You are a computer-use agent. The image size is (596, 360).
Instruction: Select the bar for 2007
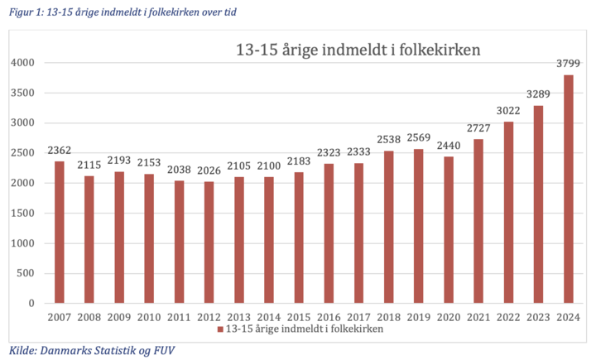tap(59, 233)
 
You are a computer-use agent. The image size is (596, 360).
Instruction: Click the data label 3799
tap(569, 63)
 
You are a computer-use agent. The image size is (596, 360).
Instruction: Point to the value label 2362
tap(59, 151)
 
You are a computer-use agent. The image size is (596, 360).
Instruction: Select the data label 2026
tap(209, 170)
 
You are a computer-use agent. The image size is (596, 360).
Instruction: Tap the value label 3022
tap(509, 111)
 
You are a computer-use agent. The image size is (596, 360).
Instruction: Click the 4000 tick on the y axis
tap(22, 63)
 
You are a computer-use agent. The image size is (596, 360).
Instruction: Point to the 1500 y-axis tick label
tap(22, 214)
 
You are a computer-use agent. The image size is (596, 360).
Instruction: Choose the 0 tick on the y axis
tap(31, 304)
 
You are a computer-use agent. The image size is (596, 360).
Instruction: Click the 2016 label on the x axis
tap(329, 317)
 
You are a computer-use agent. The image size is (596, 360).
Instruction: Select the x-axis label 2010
tap(149, 317)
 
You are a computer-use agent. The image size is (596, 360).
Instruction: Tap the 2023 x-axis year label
tap(539, 317)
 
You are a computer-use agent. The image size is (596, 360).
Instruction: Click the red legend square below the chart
tap(220, 329)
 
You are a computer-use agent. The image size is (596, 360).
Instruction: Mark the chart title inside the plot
tap(358, 50)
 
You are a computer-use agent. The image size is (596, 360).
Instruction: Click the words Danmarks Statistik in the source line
tap(79, 349)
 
